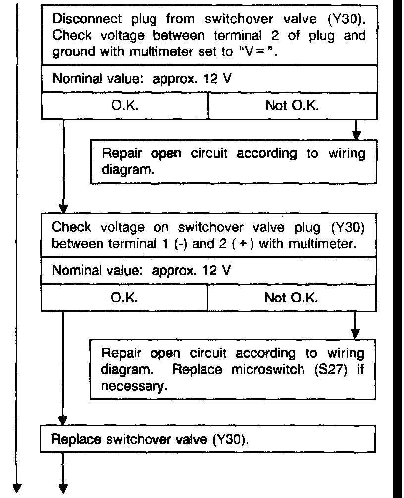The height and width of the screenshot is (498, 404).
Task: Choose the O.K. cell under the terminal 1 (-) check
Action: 124,298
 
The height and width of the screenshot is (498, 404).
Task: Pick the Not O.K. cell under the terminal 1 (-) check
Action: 291,298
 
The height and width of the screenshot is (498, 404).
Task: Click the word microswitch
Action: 263,370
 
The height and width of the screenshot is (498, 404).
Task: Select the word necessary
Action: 132,386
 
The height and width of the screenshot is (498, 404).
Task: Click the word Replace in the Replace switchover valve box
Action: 74,439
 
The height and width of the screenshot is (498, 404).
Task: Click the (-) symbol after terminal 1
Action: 177,244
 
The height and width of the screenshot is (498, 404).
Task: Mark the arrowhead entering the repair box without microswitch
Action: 355,135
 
